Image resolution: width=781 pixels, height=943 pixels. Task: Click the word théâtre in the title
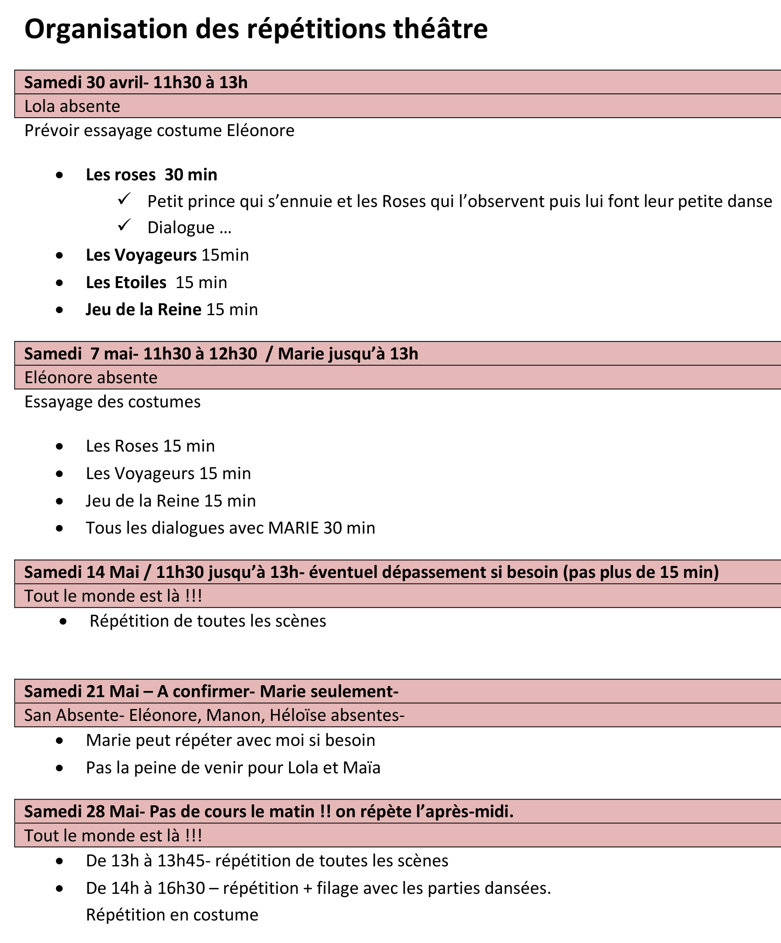coord(441,30)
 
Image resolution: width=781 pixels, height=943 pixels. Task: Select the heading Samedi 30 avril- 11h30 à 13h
coord(136,83)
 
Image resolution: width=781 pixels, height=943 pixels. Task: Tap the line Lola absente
coord(72,107)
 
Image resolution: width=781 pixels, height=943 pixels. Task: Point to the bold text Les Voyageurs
coord(141,255)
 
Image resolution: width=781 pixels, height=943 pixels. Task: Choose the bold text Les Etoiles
coord(126,282)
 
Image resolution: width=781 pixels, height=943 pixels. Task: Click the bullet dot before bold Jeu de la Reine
coord(60,310)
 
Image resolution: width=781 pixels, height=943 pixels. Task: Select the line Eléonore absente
coord(91,377)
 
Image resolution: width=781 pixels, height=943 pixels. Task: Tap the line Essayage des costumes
coord(112,402)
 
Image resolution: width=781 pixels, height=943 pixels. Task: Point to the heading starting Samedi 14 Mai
coord(371,572)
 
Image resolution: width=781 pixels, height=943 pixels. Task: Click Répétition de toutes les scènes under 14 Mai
coord(208,621)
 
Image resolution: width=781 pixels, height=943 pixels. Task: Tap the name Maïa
coord(361,768)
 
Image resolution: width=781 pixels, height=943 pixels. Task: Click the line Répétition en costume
coord(172,915)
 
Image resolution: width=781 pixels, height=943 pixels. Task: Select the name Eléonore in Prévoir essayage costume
coord(260,131)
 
